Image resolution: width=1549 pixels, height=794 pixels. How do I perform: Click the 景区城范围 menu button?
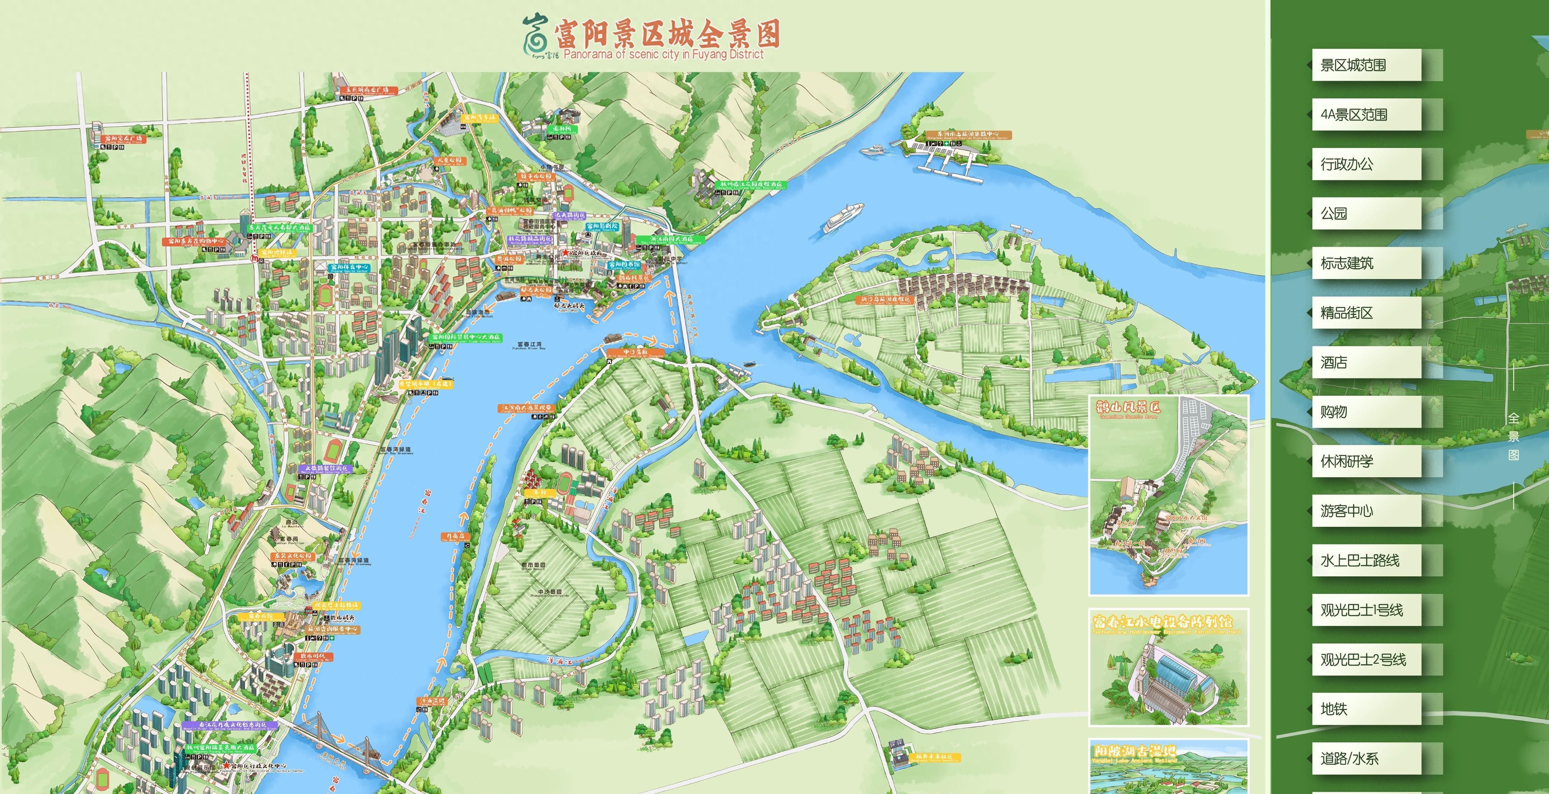pos(1366,65)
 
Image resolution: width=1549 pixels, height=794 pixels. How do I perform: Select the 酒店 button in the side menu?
pos(1366,362)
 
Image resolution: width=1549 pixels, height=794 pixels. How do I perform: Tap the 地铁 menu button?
pos(1366,709)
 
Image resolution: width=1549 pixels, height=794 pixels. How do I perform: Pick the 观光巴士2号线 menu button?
pos(1366,659)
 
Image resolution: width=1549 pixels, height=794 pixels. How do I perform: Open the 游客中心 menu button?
pos(1366,511)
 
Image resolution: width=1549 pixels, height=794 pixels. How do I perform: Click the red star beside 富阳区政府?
pos(565,253)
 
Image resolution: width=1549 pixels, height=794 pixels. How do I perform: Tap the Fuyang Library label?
pos(624,265)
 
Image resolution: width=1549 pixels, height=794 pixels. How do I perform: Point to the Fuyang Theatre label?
pos(602,227)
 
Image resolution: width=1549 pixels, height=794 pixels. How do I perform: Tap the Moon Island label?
pos(453,537)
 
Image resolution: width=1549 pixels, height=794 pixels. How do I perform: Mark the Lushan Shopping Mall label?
pos(313,657)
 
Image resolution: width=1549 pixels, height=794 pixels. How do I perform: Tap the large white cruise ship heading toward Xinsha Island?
pos(844,217)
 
